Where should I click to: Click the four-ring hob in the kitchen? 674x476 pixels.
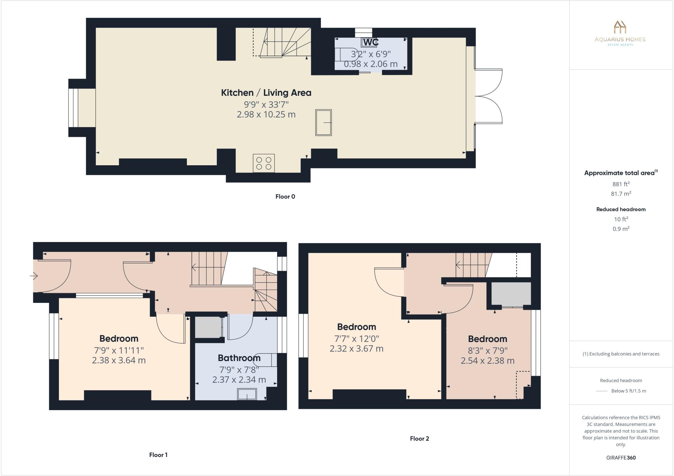pos(264,163)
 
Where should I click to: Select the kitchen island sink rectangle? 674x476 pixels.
pos(324,122)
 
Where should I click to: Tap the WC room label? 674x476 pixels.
pos(371,42)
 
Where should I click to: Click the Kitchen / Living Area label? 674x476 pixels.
pos(266,93)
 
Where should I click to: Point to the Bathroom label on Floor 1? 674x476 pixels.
pos(239,358)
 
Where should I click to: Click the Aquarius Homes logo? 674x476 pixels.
pos(620,33)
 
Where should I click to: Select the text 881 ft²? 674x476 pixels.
pos(621,184)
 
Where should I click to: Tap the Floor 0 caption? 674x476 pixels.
pos(285,197)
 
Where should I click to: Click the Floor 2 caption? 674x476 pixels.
pos(419,438)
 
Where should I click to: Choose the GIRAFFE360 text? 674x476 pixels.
pos(621,458)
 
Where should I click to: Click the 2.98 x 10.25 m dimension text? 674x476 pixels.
pos(266,115)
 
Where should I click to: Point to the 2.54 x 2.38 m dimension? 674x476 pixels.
pos(487,361)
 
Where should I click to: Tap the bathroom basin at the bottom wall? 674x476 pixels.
pos(247,394)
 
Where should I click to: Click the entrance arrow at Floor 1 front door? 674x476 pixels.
pos(34,276)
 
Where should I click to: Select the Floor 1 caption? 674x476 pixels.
pos(158,455)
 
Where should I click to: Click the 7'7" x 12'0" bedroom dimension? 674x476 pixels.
pos(356,338)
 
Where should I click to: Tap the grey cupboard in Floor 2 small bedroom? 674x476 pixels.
pos(511,293)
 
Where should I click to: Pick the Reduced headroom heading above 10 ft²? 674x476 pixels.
pos(621,209)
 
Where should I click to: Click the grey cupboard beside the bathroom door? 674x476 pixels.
pos(208,327)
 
